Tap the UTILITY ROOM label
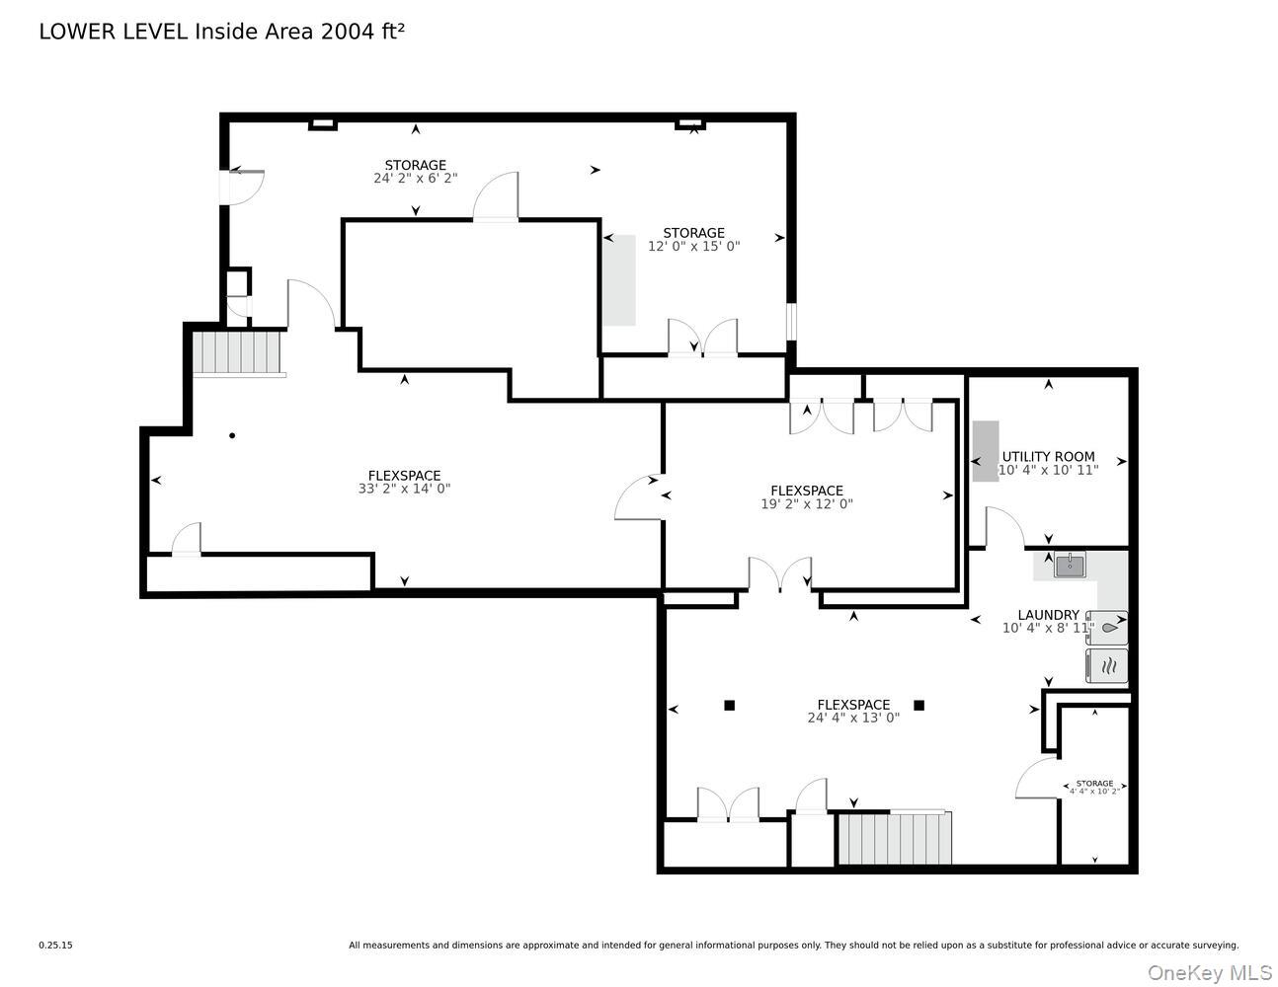coord(1048,457)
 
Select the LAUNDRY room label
coord(1048,615)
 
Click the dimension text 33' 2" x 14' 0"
coord(404,489)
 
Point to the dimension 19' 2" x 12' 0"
coord(807,503)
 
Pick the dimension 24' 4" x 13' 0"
coord(853,719)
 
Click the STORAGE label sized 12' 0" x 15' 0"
coord(693,234)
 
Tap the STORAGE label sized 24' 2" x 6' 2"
coord(415,165)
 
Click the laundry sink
coord(1070,566)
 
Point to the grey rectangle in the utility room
coord(986,451)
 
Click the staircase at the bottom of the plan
coord(894,838)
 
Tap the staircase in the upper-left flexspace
coord(238,353)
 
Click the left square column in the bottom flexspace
coord(730,705)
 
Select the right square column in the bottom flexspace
coord(919,705)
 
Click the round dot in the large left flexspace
coord(232,435)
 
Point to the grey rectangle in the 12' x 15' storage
coord(619,280)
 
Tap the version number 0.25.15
coord(55,945)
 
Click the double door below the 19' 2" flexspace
coord(780,575)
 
